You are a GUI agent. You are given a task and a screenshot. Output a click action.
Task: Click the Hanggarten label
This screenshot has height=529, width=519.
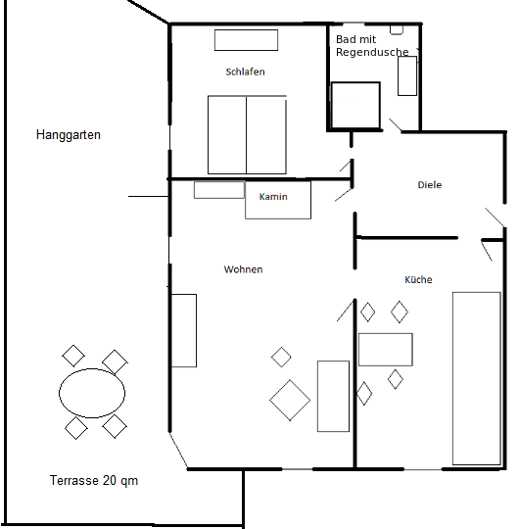click(68, 135)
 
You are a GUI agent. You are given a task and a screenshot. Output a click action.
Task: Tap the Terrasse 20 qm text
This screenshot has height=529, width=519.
click(93, 481)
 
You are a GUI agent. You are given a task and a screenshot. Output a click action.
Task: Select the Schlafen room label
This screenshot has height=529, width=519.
click(245, 72)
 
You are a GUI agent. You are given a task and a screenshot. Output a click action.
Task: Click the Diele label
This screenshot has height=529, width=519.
click(429, 184)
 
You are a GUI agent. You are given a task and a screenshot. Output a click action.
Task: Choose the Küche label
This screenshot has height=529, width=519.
click(418, 280)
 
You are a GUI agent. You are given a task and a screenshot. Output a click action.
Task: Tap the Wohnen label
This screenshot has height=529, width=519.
click(243, 269)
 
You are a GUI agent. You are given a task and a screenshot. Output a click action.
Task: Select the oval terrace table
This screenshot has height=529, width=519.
click(92, 393)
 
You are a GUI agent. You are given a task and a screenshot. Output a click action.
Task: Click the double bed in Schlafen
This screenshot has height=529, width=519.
click(247, 134)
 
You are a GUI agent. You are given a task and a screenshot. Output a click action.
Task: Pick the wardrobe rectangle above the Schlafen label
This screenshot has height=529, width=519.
click(247, 40)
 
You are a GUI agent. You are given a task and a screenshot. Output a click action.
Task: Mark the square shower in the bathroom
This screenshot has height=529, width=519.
click(354, 105)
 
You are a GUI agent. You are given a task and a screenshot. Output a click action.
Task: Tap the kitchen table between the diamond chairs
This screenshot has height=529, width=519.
click(385, 349)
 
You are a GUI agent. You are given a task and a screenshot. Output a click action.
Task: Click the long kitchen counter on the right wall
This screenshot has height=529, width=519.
click(476, 377)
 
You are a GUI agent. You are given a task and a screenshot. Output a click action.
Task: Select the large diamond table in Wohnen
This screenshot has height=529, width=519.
click(290, 399)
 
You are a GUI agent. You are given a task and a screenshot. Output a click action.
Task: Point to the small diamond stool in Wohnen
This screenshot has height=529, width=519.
click(281, 357)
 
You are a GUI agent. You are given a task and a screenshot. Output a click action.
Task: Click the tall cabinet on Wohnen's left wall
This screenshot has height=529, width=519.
click(183, 330)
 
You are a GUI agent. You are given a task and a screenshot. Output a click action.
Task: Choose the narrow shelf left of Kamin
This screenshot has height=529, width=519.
click(218, 190)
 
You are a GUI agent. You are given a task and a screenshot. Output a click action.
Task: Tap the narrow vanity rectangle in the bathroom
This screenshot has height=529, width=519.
click(407, 75)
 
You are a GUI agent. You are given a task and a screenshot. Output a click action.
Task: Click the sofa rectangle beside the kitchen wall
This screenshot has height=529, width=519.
click(333, 396)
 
